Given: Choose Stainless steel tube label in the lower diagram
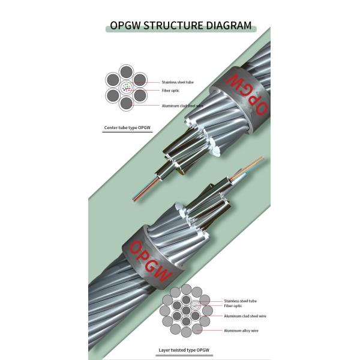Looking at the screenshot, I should coord(240,301).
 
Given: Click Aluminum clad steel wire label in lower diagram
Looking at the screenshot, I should coord(245,316).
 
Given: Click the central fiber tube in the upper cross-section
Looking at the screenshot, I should coord(125,88).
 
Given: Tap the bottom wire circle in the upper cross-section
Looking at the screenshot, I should coord(125,103).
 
